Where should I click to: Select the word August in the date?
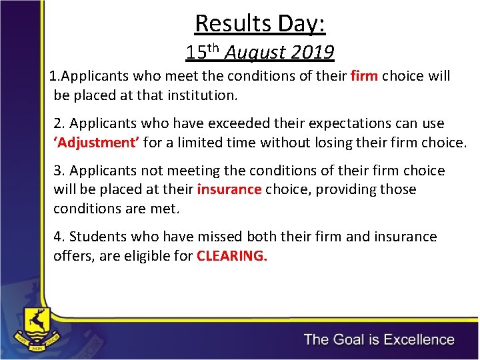[x=255, y=52]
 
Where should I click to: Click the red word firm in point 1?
[x=364, y=76]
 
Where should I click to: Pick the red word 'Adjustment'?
[x=96, y=142]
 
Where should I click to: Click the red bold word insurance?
[x=229, y=189]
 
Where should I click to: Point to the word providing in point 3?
[x=343, y=189]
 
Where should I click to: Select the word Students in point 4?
[x=96, y=237]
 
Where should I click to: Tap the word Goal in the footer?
[x=352, y=339]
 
